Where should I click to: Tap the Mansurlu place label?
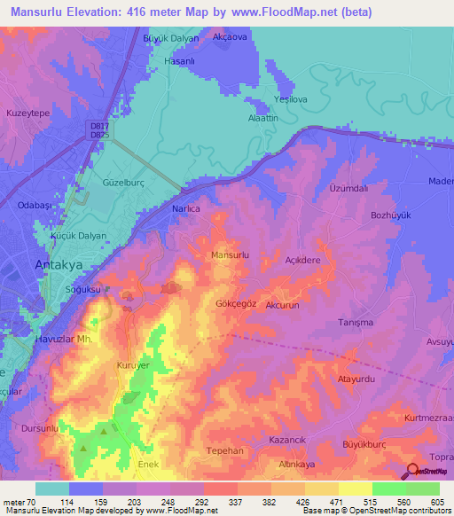(231, 254)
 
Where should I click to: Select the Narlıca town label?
(184, 208)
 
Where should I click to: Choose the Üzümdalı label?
(348, 189)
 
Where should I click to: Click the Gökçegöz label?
(237, 302)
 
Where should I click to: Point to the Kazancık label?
(287, 440)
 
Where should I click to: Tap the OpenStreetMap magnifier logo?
(413, 471)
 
